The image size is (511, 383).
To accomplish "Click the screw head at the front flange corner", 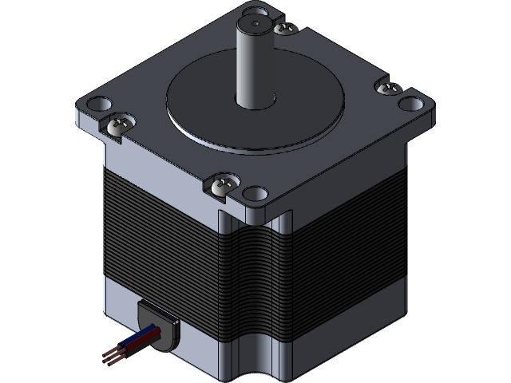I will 223,187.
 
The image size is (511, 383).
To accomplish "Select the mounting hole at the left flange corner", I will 96,104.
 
